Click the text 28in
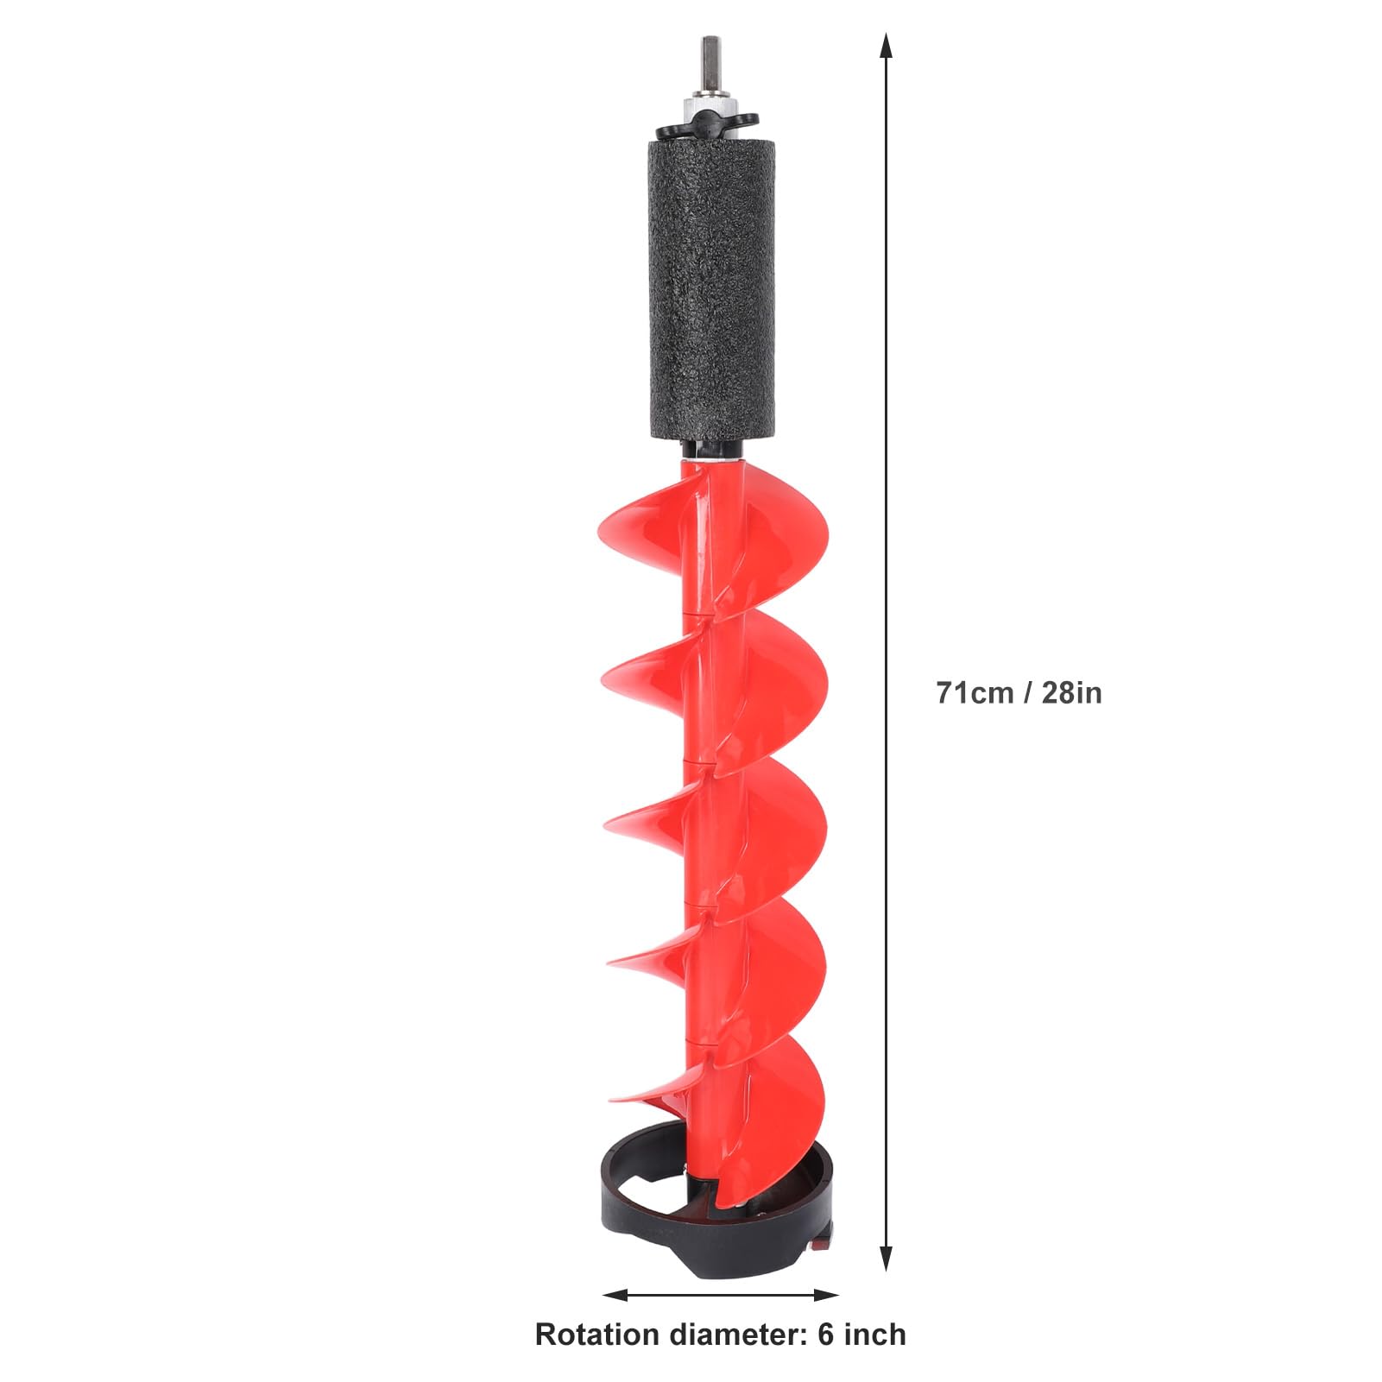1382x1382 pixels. (x=1071, y=692)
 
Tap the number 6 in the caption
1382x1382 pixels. (x=827, y=1335)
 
